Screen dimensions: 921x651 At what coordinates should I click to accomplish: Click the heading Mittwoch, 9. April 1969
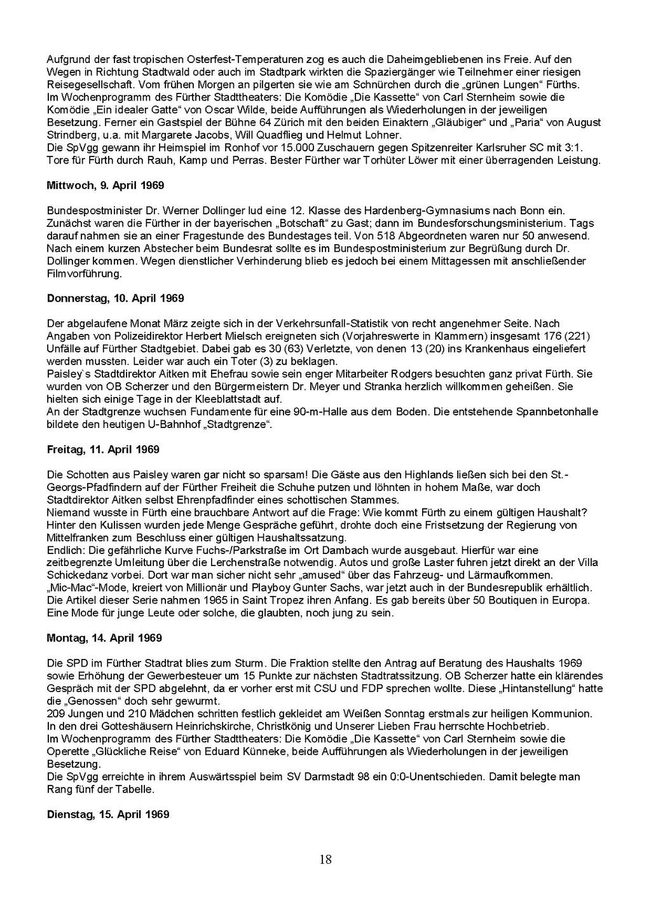(x=106, y=185)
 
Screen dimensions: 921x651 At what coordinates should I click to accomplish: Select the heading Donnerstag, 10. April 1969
(x=115, y=298)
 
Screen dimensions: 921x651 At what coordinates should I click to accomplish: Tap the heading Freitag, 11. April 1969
(x=103, y=449)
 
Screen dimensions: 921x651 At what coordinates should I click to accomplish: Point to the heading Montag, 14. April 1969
(x=104, y=638)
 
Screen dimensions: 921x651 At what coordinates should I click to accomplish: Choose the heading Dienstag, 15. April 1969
(x=108, y=814)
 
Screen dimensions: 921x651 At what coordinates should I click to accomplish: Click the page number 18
(x=325, y=860)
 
